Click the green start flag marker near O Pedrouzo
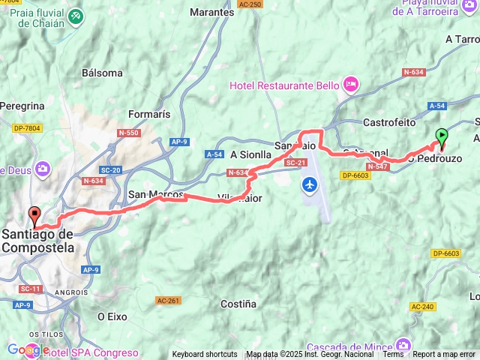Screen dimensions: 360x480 click(442, 136)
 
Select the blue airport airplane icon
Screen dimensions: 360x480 click(309, 184)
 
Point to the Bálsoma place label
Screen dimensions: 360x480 click(103, 73)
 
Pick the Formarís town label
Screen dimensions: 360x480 click(149, 114)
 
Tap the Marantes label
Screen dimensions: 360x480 click(211, 13)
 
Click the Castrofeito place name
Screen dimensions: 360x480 click(388, 121)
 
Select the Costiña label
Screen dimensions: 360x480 click(238, 304)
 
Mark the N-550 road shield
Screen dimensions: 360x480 click(128, 133)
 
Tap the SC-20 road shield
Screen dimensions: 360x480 click(111, 170)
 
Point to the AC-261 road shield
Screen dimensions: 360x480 click(168, 280)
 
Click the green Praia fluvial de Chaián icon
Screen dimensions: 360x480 click(76, 16)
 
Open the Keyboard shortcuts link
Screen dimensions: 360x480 click(205, 354)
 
